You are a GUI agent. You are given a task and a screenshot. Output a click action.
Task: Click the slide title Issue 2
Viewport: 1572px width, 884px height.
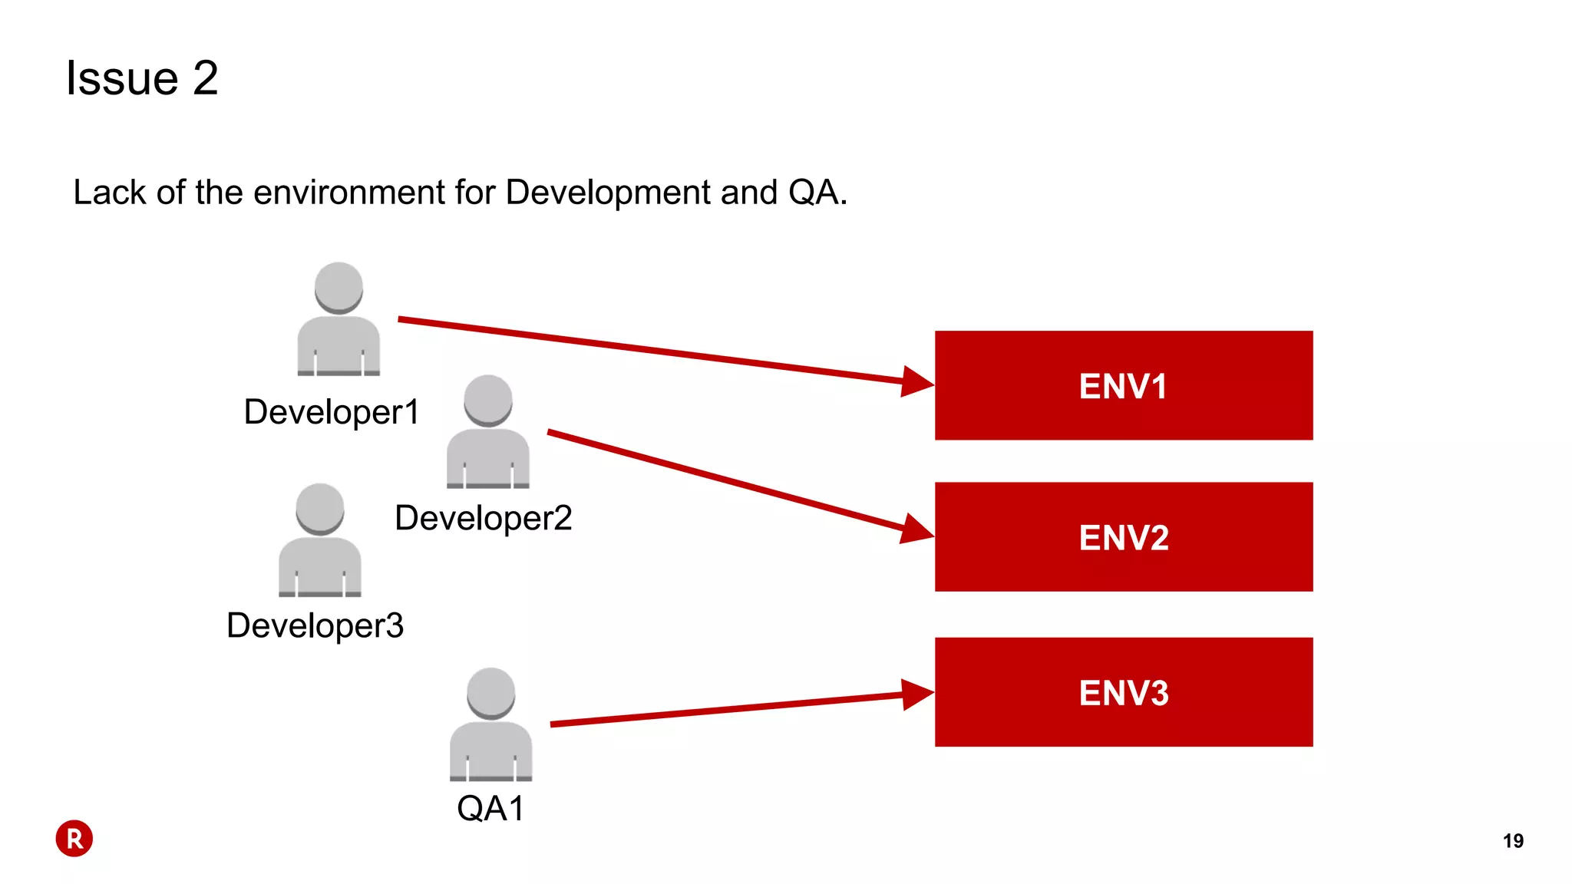(142, 78)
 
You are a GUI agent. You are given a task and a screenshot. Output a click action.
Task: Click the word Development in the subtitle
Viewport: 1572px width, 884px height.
(608, 192)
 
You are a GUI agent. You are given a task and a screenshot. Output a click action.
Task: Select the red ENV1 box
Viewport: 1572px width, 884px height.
(1123, 385)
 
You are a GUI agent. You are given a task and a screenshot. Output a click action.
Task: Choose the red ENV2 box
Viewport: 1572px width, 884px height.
(1123, 536)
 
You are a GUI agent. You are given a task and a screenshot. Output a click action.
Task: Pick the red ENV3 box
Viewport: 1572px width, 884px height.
(1123, 691)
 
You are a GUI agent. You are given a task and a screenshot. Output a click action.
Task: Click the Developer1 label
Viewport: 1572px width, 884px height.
(331, 412)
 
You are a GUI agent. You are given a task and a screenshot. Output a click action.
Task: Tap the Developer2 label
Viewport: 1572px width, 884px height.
(483, 518)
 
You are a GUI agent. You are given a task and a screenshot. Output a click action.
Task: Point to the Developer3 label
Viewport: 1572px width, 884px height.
(315, 625)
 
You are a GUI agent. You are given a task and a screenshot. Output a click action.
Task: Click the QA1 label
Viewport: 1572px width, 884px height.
(490, 808)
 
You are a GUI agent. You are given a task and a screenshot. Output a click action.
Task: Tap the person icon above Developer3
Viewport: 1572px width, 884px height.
(319, 540)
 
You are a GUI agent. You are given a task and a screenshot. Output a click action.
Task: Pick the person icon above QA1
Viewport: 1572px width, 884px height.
(490, 724)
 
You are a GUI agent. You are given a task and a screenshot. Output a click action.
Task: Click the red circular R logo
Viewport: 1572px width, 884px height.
(74, 839)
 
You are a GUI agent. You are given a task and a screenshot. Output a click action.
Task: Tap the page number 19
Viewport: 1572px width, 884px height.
(1513, 841)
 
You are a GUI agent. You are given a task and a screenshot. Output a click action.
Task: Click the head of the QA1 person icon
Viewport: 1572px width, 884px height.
(490, 692)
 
